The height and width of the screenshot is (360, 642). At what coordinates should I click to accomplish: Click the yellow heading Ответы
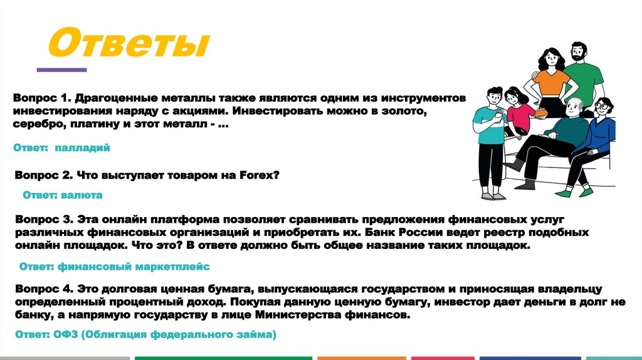(x=129, y=45)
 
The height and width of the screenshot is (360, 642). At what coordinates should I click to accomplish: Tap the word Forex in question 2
(x=256, y=176)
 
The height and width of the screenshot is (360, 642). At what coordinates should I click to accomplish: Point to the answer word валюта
(x=82, y=195)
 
